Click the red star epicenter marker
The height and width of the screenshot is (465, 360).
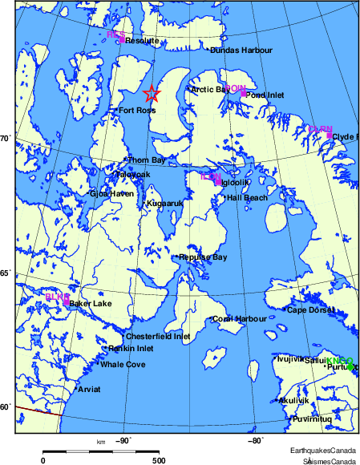152,94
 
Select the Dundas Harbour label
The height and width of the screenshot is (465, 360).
242,50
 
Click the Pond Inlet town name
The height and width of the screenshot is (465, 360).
265,95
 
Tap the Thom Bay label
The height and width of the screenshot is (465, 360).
147,160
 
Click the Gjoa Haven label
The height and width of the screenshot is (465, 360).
111,193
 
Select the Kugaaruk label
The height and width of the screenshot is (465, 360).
165,204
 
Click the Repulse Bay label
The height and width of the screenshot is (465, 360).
204,257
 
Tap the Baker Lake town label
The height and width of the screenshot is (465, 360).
91,304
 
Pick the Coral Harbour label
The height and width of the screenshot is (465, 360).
240,319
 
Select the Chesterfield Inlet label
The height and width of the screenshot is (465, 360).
159,337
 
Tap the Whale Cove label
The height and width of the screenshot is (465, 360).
123,365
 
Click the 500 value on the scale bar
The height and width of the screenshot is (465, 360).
159,461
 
